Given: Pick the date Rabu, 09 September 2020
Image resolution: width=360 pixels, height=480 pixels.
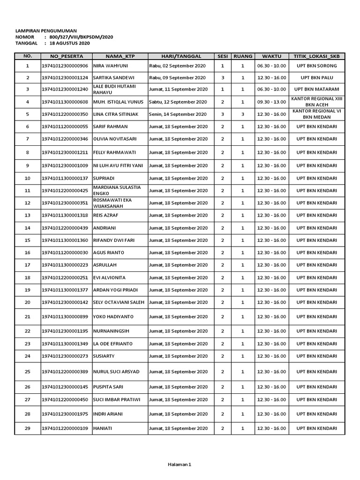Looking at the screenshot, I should tap(177, 77).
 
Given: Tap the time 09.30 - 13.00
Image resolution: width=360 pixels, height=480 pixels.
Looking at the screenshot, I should tap(271, 102).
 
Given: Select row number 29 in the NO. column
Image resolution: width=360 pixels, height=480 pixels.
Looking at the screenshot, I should tap(27, 428).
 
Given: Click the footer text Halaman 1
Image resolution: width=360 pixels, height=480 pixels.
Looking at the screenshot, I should tap(180, 465).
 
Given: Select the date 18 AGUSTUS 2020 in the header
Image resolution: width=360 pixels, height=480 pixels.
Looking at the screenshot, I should tap(70, 43).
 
